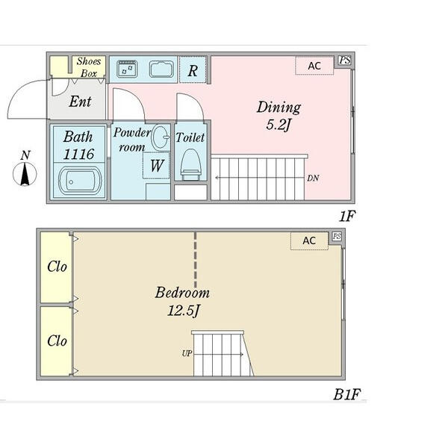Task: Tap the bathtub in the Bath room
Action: [80, 181]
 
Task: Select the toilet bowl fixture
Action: [190, 164]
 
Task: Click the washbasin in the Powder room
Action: [161, 137]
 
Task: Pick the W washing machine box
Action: [156, 166]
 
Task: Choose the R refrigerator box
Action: [193, 70]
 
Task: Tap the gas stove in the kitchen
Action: [128, 69]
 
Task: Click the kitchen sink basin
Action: [161, 69]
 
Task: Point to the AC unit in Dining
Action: [314, 66]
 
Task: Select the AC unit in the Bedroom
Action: [309, 241]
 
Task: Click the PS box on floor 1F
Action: [344, 60]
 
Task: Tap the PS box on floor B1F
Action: [337, 236]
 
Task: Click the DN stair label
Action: [313, 178]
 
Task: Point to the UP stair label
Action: [187, 354]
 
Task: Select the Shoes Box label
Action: [89, 67]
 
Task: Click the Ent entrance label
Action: [80, 102]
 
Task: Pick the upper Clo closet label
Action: [57, 267]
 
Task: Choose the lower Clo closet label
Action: [57, 341]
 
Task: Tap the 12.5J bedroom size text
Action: [183, 311]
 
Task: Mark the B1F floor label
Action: [347, 394]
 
